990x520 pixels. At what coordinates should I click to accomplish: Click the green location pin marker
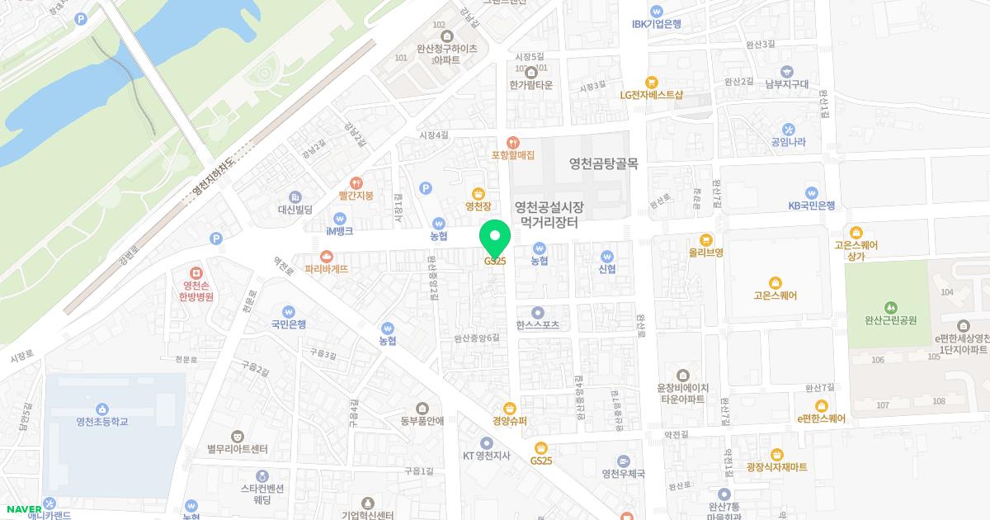click(495, 239)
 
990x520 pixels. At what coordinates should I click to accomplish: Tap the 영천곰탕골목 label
click(604, 163)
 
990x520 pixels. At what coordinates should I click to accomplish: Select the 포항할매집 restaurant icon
click(513, 143)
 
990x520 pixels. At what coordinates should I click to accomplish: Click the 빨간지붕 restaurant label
click(356, 196)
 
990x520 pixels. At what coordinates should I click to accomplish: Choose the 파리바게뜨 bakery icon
click(326, 256)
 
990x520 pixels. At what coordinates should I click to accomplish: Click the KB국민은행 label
click(812, 206)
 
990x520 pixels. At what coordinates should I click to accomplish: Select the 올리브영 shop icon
click(706, 239)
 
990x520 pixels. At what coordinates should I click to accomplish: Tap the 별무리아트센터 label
click(238, 450)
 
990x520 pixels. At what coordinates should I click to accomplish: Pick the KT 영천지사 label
click(487, 456)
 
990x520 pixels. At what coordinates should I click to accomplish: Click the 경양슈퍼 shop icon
click(510, 408)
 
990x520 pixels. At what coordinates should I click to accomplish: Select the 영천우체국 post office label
click(623, 474)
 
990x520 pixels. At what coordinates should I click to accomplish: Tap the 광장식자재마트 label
click(776, 467)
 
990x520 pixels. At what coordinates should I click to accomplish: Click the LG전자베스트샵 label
click(652, 95)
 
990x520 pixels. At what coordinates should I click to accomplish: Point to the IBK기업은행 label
click(656, 24)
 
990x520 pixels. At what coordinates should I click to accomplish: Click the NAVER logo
click(22, 509)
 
